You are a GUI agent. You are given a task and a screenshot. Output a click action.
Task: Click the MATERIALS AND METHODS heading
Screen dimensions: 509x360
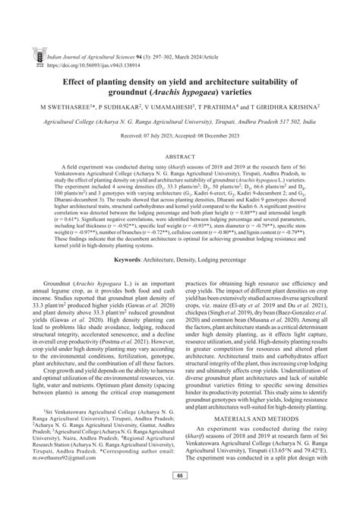pyautogui.click(x=262, y=438)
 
